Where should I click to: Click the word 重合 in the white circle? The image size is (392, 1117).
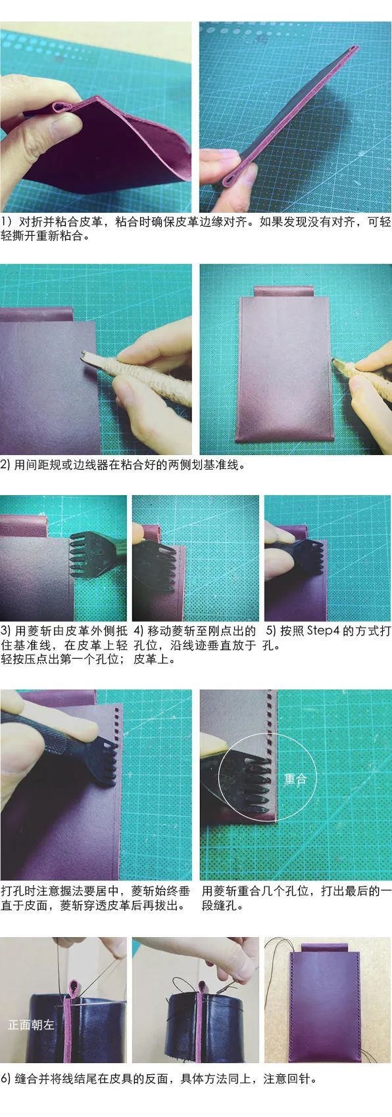pos(295,779)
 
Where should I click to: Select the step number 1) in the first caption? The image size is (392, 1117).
pos(7,222)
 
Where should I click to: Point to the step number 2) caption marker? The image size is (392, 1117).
pos(6,465)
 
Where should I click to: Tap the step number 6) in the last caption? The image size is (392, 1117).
pos(7,1097)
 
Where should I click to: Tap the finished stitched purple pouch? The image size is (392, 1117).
pos(328,1011)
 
